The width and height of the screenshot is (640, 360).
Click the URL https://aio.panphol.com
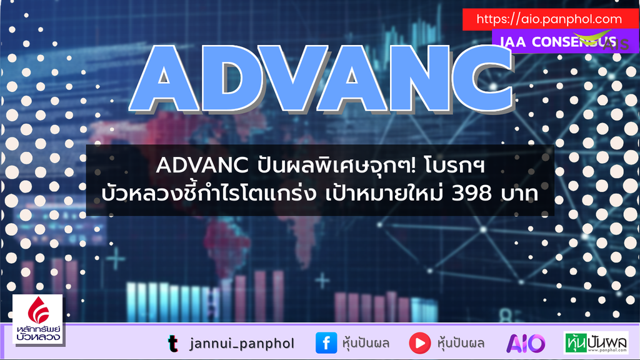coord(549,19)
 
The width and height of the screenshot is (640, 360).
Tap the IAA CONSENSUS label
coord(555,42)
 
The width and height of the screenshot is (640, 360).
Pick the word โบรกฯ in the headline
coord(459,166)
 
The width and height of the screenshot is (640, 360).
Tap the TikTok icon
coord(172,343)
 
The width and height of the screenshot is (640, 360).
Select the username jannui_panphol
coord(241,343)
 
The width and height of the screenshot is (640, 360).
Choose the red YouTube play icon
coord(420,343)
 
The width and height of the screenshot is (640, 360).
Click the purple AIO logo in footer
coord(526,343)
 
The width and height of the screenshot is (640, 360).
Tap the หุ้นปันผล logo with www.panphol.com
coord(596,343)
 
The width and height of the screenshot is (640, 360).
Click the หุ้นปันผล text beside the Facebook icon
coord(367,342)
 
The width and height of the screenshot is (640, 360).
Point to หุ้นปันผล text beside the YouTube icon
coord(461,342)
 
